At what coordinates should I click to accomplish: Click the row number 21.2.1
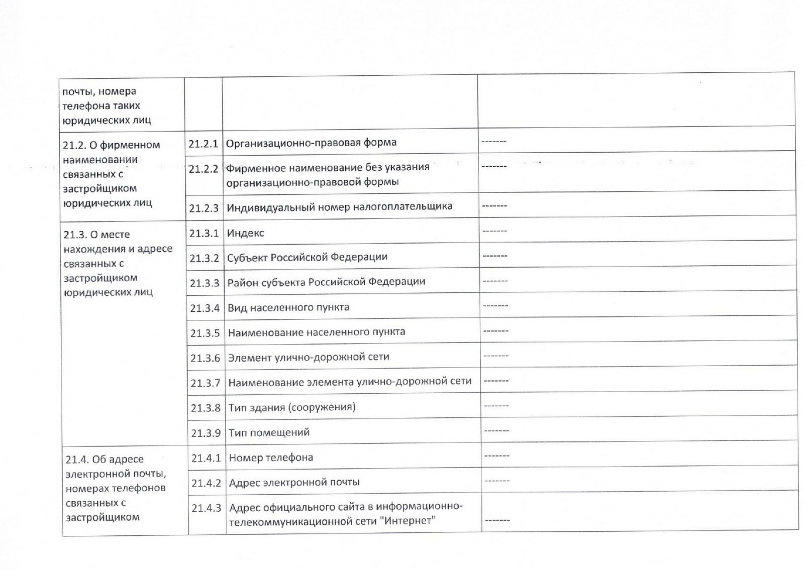tap(203, 144)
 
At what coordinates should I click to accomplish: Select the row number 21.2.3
tap(204, 208)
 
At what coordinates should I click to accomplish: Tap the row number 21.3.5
tap(205, 333)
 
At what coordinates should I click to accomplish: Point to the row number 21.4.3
tap(206, 508)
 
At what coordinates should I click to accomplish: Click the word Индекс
tap(245, 233)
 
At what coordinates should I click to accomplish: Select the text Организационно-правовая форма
tap(311, 143)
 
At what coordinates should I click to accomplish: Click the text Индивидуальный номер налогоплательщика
tap(339, 206)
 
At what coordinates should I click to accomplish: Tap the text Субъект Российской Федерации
tap(307, 257)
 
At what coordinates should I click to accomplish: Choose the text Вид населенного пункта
tap(288, 307)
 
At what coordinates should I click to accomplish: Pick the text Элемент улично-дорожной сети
tap(309, 357)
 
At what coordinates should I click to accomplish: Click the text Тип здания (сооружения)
tap(292, 407)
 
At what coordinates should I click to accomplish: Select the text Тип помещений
tap(269, 432)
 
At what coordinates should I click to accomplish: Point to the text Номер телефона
tap(271, 458)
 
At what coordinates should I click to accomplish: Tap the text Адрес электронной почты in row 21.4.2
tap(294, 482)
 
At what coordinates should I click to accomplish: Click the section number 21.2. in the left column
tap(75, 145)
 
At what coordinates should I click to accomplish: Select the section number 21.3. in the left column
tap(76, 235)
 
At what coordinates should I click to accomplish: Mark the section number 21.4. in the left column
tap(77, 459)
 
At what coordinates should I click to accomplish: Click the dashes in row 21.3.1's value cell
tap(494, 231)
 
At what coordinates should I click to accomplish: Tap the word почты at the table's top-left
tap(78, 92)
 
